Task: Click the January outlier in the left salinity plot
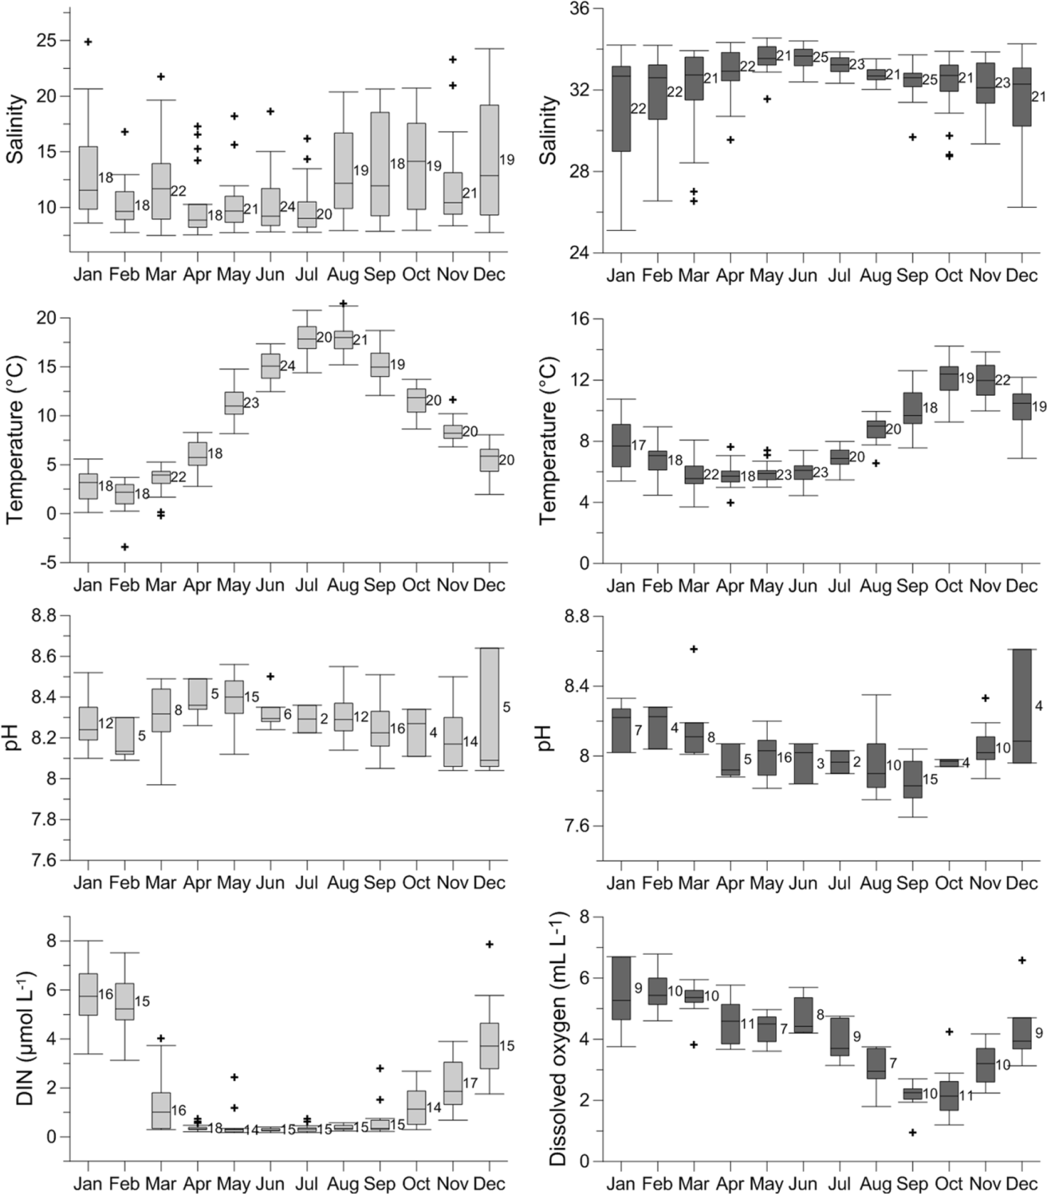pos(88,42)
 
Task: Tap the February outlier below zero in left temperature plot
pos(124,547)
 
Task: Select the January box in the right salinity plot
pos(620,109)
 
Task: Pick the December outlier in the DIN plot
pos(490,944)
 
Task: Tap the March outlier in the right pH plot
pos(694,649)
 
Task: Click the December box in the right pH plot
pos(1022,706)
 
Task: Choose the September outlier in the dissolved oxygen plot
pos(913,1133)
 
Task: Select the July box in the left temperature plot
pos(307,338)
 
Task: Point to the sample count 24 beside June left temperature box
pos(287,366)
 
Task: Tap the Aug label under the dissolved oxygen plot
pos(876,1184)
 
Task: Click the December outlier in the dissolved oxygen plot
pos(1022,960)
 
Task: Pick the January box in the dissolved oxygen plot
pos(620,988)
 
